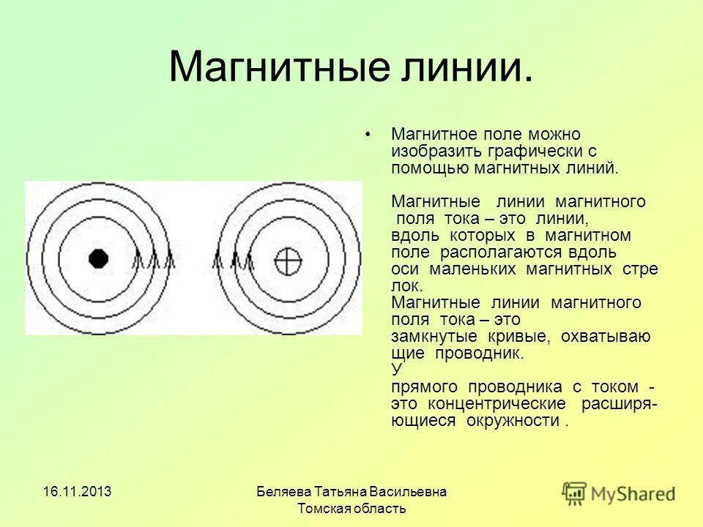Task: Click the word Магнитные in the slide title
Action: click(x=264, y=67)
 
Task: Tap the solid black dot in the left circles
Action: click(x=97, y=258)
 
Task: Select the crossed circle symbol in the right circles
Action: click(x=288, y=259)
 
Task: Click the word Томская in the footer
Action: click(x=324, y=508)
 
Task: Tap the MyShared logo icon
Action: click(x=575, y=492)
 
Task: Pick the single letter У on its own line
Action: click(x=396, y=369)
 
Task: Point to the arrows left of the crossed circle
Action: click(x=233, y=260)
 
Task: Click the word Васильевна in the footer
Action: click(x=410, y=491)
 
